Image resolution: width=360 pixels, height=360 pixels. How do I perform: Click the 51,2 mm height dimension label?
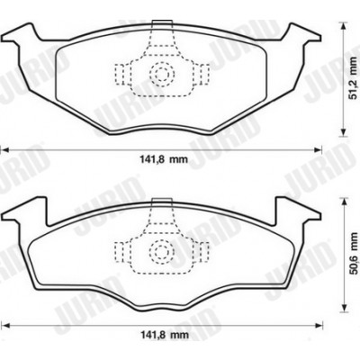[355, 78]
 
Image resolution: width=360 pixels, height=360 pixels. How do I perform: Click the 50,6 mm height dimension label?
[355, 253]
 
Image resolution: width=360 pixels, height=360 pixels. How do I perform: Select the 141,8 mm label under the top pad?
[164, 159]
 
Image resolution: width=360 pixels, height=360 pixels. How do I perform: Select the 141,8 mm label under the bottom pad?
[165, 335]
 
